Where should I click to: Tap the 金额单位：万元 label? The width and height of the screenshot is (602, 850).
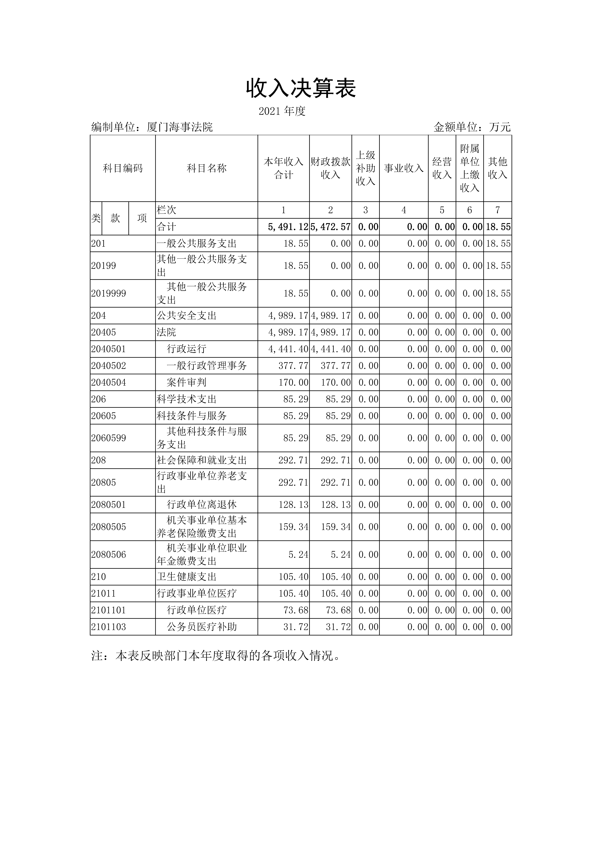[472, 127]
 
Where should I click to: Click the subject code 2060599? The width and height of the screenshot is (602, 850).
[109, 438]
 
